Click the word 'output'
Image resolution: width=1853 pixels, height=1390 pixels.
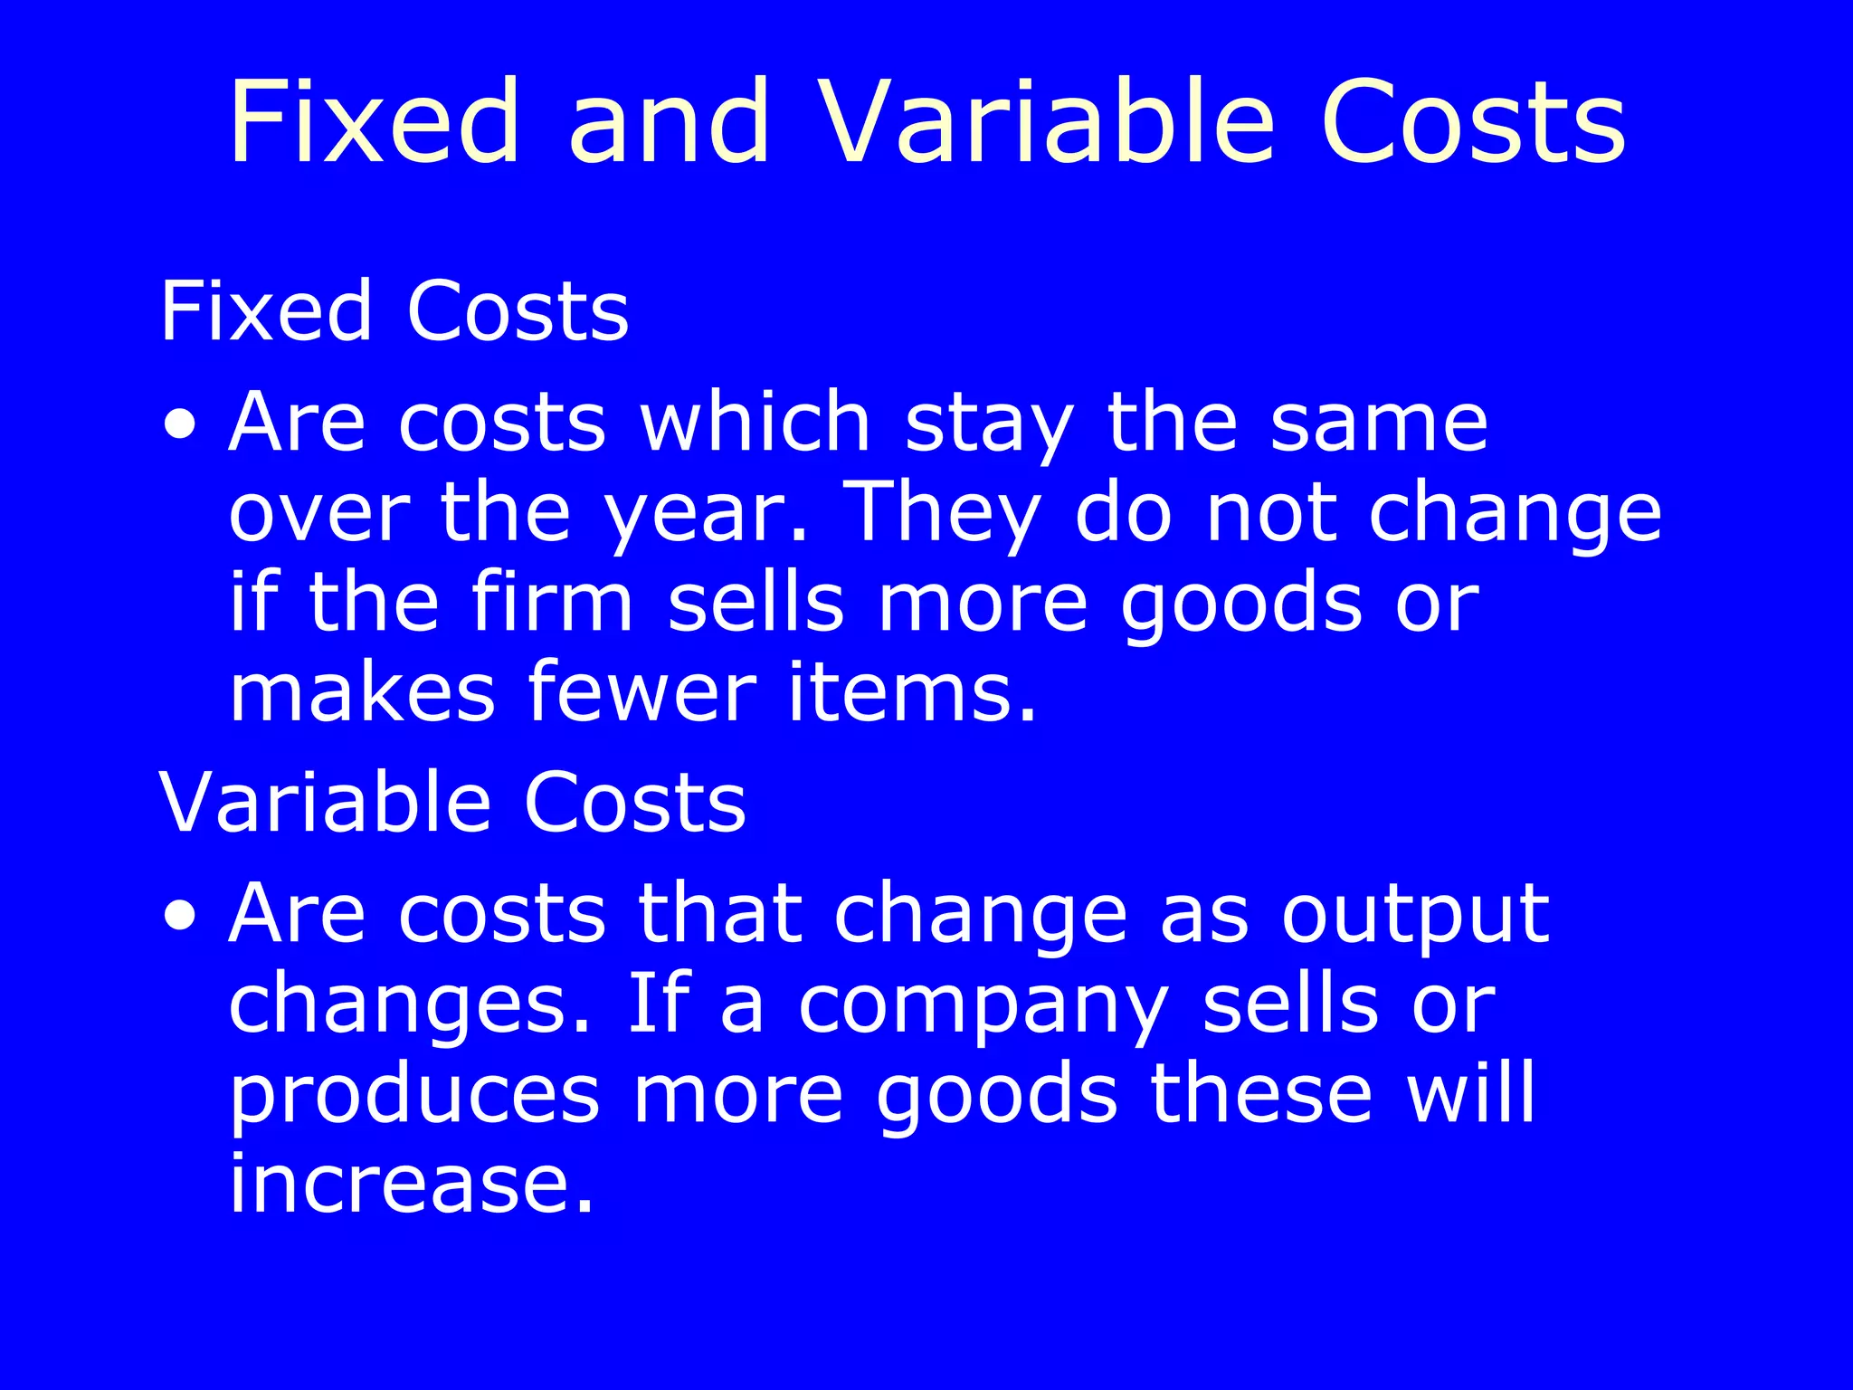click(x=1416, y=916)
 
